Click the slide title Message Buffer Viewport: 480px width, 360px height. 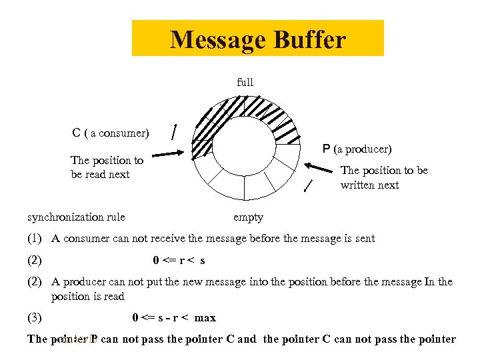257,39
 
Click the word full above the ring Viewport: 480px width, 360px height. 245,83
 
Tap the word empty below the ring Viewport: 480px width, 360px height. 248,217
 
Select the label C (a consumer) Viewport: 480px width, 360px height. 111,133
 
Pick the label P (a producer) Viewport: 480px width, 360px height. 357,149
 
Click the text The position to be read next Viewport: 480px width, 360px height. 107,167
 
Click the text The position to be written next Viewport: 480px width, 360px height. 384,177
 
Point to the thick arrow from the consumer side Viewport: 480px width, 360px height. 167,154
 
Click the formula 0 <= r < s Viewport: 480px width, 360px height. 179,261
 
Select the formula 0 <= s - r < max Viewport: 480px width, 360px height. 174,318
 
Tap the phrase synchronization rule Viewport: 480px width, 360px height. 76,217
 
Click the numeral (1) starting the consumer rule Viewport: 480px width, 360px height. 35,239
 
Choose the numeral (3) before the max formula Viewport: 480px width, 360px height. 35,318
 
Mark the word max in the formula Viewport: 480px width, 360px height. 205,318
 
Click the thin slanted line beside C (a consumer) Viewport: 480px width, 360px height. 174,131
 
